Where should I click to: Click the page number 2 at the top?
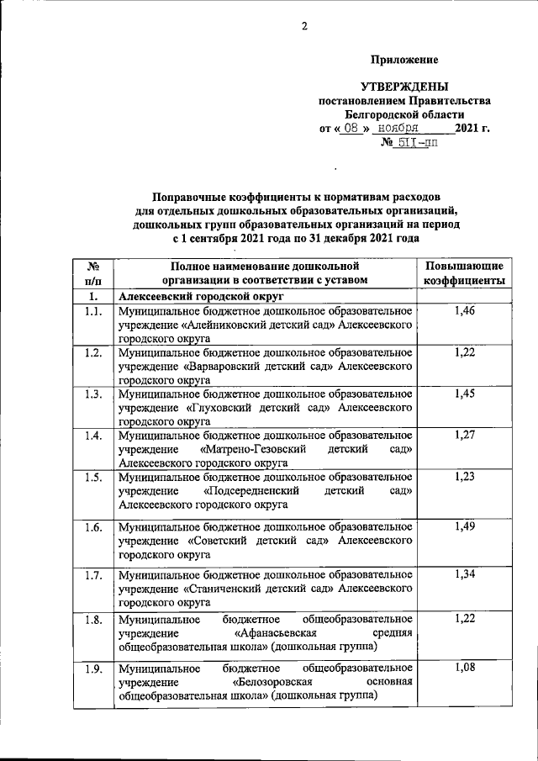(305, 26)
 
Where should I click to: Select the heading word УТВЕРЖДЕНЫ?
(404, 87)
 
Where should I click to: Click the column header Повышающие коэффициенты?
(464, 273)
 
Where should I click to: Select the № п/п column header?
(93, 273)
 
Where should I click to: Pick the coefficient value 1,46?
(464, 312)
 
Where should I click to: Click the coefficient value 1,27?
(464, 436)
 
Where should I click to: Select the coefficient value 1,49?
(464, 526)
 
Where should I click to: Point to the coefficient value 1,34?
(464, 575)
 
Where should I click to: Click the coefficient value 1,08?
(464, 668)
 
